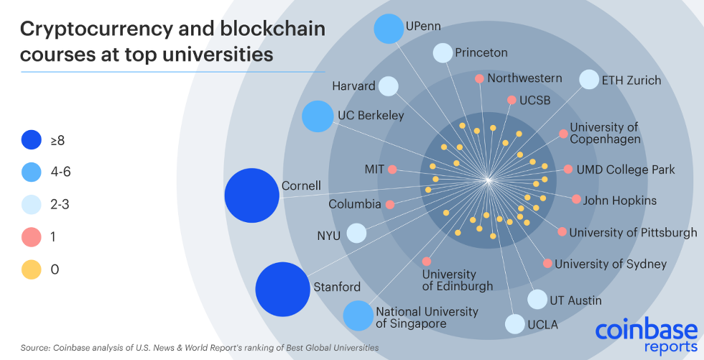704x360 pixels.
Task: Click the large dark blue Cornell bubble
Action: tap(252, 195)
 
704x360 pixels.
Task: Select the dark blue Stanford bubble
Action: tap(283, 290)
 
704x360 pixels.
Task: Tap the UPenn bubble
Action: tap(389, 29)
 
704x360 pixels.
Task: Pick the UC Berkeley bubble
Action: tap(318, 116)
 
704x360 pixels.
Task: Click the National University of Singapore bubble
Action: tap(358, 315)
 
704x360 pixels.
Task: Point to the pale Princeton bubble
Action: tap(443, 53)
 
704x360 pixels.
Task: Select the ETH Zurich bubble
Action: tap(589, 80)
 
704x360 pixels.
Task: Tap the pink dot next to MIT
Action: tap(392, 170)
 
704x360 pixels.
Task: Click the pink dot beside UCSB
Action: tap(511, 100)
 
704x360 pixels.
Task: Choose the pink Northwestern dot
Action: tap(480, 78)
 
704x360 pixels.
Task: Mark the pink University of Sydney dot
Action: tap(547, 264)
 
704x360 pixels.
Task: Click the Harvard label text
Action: tap(353, 86)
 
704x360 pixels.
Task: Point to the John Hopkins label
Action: tap(619, 200)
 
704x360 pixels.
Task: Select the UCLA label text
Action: tap(543, 324)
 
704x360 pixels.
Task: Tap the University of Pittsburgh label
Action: tap(633, 233)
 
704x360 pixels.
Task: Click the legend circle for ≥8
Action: tap(32, 139)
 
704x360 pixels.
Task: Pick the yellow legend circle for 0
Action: tap(32, 269)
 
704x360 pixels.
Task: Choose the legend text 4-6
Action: tap(60, 172)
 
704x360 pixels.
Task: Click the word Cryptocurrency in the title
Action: tap(96, 30)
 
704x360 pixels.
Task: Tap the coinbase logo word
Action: tap(647, 331)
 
